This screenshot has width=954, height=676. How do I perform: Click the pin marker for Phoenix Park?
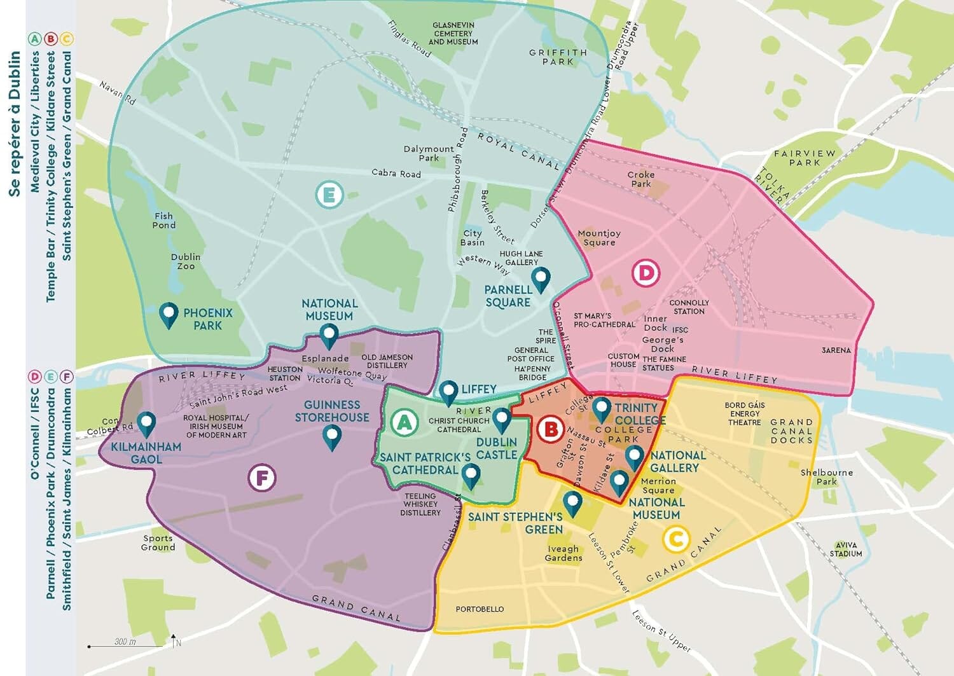pos(169,315)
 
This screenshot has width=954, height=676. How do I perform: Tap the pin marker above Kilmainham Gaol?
pos(147,424)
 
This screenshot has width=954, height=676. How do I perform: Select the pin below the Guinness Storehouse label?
pos(332,438)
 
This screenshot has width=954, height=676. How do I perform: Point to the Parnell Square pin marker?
pos(541,279)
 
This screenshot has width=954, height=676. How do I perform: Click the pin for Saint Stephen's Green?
pos(572,503)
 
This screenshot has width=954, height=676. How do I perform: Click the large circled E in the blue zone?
pos(329,195)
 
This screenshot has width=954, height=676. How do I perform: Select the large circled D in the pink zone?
pos(646,273)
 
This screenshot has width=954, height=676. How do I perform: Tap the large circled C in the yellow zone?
pos(675,539)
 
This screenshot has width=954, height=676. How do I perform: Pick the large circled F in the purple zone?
pos(262,478)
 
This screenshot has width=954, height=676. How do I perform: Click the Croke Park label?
pos(640,179)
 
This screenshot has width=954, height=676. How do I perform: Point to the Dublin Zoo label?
pos(185,261)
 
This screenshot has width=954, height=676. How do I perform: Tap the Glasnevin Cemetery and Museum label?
pos(453,34)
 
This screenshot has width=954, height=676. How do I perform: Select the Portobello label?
pos(480,609)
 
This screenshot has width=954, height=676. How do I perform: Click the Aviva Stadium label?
pos(846,549)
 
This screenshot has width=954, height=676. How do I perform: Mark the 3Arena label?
pos(836,350)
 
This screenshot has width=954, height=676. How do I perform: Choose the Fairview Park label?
pos(805,158)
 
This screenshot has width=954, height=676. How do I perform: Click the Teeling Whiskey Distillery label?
pos(420,504)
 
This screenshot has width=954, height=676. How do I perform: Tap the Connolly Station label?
pos(689,307)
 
